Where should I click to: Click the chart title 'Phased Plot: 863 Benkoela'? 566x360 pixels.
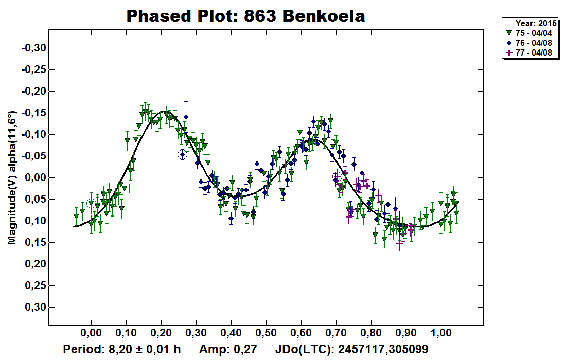point(245,16)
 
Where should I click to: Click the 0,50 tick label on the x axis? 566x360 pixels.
point(266,332)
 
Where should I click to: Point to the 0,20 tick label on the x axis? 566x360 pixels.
point(161,332)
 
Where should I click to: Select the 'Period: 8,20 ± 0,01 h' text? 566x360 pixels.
point(122,349)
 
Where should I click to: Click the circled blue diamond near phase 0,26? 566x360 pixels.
point(182,154)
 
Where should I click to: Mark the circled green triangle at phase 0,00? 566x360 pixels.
point(91,203)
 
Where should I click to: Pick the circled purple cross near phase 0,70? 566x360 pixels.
point(337,177)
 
